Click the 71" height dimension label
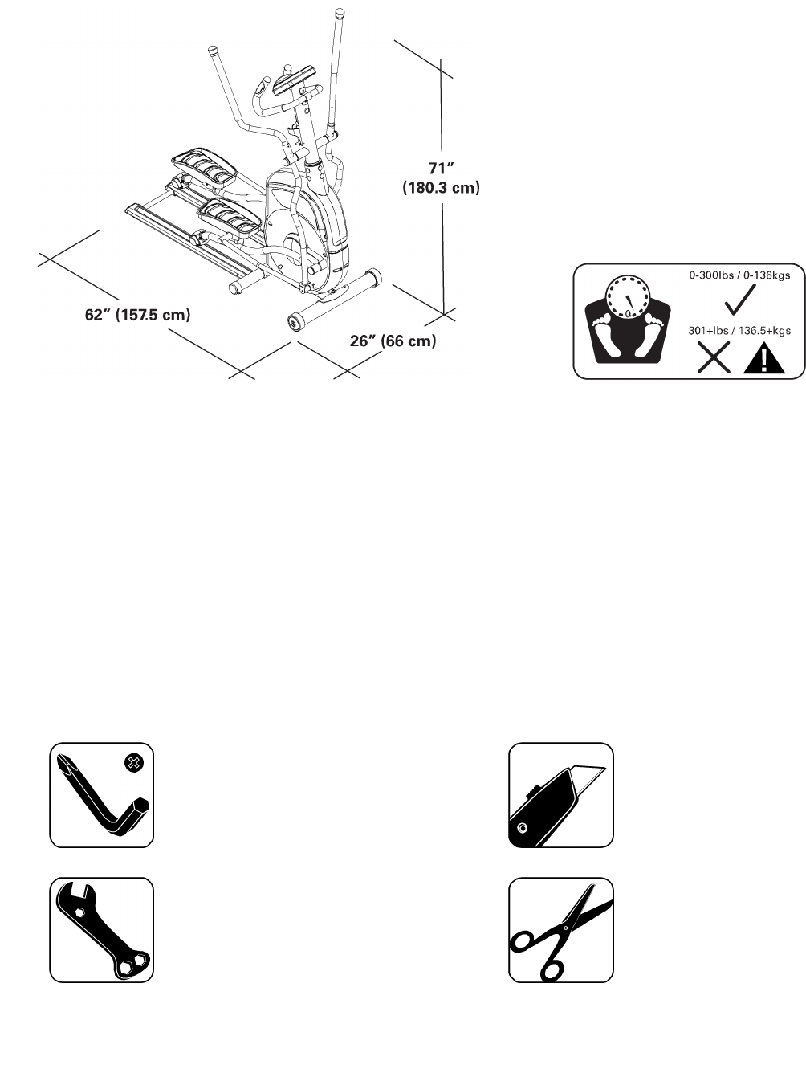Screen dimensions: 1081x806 coord(442,169)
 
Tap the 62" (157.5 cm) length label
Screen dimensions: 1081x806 coord(137,315)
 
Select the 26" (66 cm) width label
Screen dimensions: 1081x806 coord(393,341)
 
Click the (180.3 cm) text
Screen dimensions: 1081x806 coord(441,188)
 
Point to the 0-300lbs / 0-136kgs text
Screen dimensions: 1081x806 coord(739,275)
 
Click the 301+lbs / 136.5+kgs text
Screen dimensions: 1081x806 coord(739,331)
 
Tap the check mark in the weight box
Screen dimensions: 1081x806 coord(739,300)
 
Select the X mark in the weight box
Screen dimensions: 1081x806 coord(713,357)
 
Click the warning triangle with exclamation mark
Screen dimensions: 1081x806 coord(763,358)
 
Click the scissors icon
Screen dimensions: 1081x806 coord(560,930)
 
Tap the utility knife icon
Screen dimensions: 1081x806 coord(560,795)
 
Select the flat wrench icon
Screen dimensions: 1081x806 coord(101,930)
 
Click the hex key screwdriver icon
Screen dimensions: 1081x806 coord(101,798)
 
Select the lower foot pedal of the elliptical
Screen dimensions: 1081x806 coord(232,216)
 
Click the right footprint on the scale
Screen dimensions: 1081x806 coord(653,336)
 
